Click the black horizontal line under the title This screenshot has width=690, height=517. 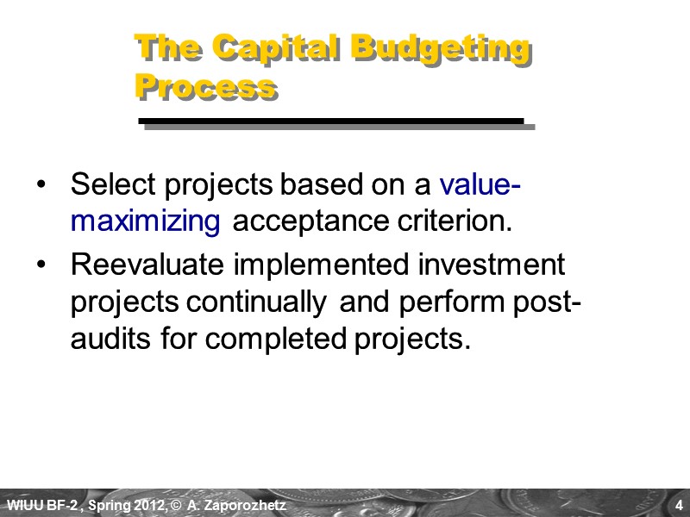pyautogui.click(x=332, y=121)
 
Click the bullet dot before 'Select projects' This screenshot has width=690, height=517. pyautogui.click(x=43, y=185)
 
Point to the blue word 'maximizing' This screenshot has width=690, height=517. pyautogui.click(x=146, y=221)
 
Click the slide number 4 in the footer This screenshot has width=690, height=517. pyautogui.click(x=680, y=504)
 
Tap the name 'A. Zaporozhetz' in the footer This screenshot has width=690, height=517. pyautogui.click(x=240, y=504)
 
